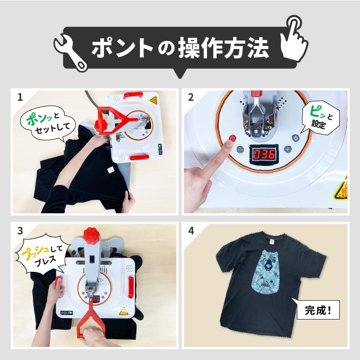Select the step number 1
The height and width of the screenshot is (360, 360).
tap(20, 97)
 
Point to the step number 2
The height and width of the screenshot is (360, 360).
tap(191, 97)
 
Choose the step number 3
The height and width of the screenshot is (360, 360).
tap(20, 231)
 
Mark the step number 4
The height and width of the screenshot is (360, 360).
tap(191, 231)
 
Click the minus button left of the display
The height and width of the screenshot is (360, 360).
tap(240, 149)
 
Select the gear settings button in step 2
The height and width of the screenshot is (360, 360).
tap(296, 139)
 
